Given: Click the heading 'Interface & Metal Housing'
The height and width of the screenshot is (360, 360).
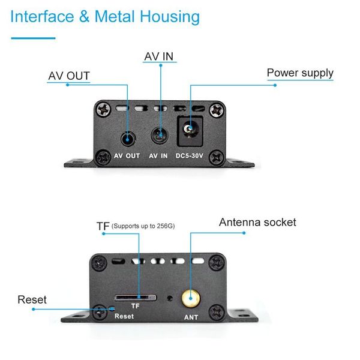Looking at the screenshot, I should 105,16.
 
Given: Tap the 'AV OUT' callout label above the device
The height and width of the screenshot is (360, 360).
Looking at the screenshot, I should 69,76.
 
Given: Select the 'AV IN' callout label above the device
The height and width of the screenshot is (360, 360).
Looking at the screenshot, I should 158,57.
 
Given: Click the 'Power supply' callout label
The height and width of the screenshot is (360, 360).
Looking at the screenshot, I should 300,73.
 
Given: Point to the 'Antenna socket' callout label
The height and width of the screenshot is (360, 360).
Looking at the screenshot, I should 257,223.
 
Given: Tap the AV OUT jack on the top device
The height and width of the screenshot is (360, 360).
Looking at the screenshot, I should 127,138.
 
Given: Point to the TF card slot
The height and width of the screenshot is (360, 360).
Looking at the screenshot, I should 135,296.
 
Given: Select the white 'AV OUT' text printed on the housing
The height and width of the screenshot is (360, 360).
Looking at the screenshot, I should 127,156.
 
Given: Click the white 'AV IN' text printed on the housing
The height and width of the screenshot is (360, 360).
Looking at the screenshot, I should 158,156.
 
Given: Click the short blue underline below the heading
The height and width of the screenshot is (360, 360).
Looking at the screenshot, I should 34,38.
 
